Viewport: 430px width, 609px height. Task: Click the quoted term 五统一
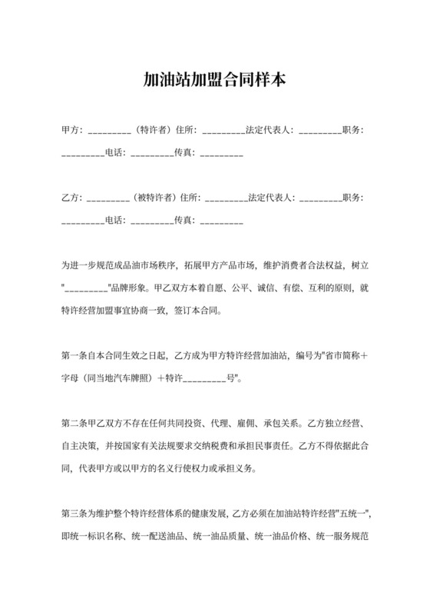354,511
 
